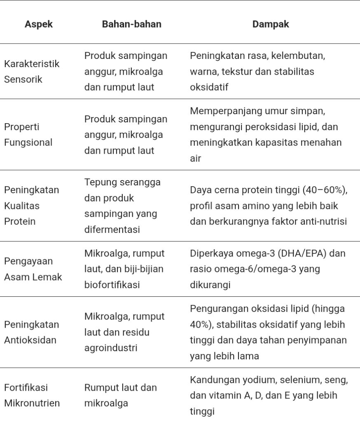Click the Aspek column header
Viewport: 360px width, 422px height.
(39, 24)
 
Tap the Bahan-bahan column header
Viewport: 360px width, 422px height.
(131, 24)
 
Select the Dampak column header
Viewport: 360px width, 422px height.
(270, 24)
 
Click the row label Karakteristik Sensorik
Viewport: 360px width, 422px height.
(32, 71)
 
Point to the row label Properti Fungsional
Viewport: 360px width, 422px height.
(28, 134)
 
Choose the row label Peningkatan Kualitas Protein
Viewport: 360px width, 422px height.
(31, 205)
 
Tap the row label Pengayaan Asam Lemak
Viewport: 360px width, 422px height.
(33, 269)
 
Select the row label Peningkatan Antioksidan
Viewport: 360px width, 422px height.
(31, 332)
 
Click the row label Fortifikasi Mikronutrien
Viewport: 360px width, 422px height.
(32, 395)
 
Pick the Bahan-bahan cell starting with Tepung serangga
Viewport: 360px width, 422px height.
(122, 205)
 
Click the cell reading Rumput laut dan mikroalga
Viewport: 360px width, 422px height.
(120, 395)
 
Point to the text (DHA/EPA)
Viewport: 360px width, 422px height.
(305, 253)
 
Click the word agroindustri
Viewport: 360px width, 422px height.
(110, 348)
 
